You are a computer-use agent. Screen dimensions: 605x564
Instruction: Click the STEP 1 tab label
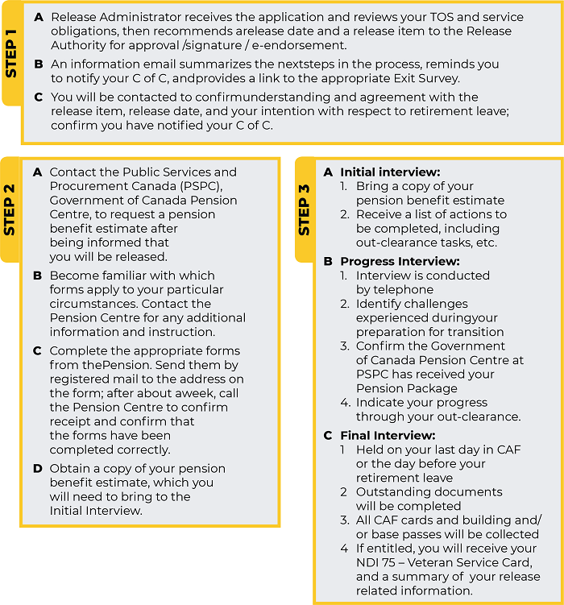point(11,54)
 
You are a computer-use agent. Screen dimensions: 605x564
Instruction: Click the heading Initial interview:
point(390,172)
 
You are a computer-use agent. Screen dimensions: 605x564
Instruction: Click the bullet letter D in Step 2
point(37,468)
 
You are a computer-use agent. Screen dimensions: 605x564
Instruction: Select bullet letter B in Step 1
point(39,64)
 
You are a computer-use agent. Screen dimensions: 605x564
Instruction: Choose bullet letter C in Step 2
point(37,350)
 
